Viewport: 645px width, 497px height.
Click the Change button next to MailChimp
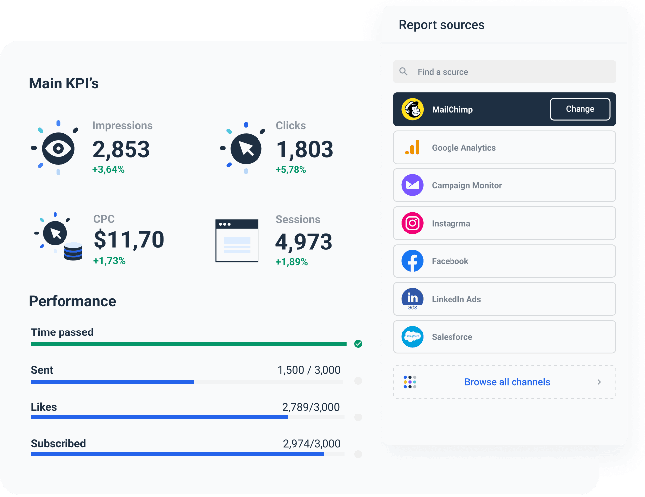pos(580,109)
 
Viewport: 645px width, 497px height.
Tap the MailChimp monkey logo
pos(412,109)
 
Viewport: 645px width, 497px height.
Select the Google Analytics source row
pos(504,148)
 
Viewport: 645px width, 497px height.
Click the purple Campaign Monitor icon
pos(412,185)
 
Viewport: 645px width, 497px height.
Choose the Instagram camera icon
pos(412,223)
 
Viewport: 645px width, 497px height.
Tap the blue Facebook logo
pos(412,261)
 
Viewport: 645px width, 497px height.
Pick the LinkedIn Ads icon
pos(412,299)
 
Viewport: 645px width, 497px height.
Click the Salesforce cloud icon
pos(412,337)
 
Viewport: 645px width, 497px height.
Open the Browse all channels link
pos(507,382)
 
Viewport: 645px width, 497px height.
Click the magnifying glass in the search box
pos(404,72)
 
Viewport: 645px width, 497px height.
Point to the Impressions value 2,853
pos(121,149)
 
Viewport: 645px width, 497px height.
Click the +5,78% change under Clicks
pos(291,170)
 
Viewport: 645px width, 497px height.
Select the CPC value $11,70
pos(129,240)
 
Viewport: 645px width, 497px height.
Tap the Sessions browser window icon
pos(237,241)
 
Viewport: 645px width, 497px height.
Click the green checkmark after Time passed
pos(358,344)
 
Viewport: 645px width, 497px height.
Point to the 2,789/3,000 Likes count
pos(311,407)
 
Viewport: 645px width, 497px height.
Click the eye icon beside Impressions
pos(58,148)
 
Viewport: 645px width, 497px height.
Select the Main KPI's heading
pos(64,83)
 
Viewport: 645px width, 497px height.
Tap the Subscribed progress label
pos(59,443)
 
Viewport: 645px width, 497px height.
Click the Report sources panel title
pos(442,25)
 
